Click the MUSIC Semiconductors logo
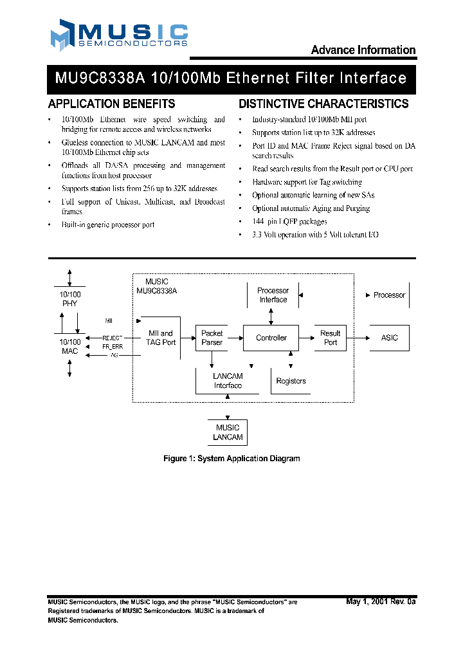(119, 35)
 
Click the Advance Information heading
(363, 50)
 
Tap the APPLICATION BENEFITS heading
(111, 104)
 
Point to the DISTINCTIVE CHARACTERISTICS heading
(323, 104)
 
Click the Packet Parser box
(212, 338)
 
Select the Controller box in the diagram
(271, 338)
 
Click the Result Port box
(330, 338)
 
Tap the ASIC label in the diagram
(389, 338)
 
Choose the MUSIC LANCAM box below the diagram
(228, 432)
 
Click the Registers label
(291, 381)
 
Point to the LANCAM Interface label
(228, 381)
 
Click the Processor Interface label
(273, 295)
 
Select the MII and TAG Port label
(161, 338)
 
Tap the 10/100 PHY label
(70, 298)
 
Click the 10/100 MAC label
(70, 346)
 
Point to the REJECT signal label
(113, 338)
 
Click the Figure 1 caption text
(232, 459)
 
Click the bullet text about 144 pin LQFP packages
(289, 221)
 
